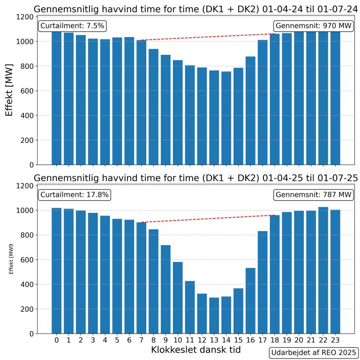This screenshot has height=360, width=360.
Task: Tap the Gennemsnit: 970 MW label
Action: (313, 26)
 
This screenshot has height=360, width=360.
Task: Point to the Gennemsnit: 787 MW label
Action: (313, 195)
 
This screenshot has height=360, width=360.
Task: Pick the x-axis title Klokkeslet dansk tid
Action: (195, 350)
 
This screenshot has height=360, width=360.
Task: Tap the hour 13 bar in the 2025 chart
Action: (213, 316)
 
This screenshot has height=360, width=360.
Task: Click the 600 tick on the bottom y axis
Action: (25, 260)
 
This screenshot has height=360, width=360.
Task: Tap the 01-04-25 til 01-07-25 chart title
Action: (195, 178)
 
